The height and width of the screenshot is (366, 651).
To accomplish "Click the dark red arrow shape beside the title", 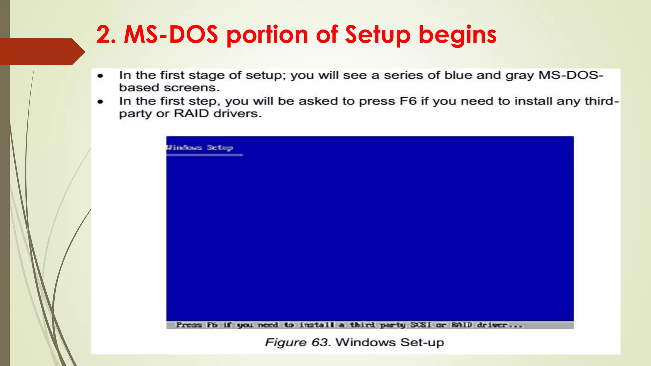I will (x=41, y=51).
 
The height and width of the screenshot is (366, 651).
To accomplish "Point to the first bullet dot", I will (x=100, y=76).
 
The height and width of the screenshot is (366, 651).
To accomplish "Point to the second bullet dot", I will (x=100, y=102).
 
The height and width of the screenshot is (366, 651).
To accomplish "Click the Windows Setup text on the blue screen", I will (x=200, y=147).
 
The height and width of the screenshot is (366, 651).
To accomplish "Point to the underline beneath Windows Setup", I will (x=204, y=155).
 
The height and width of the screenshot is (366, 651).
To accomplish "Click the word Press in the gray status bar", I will (x=189, y=325).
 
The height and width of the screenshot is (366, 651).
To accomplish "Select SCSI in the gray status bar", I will (x=420, y=325).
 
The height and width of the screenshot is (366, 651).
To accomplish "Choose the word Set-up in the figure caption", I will (x=422, y=343).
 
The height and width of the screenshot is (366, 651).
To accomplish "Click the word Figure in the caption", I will (x=286, y=343).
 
